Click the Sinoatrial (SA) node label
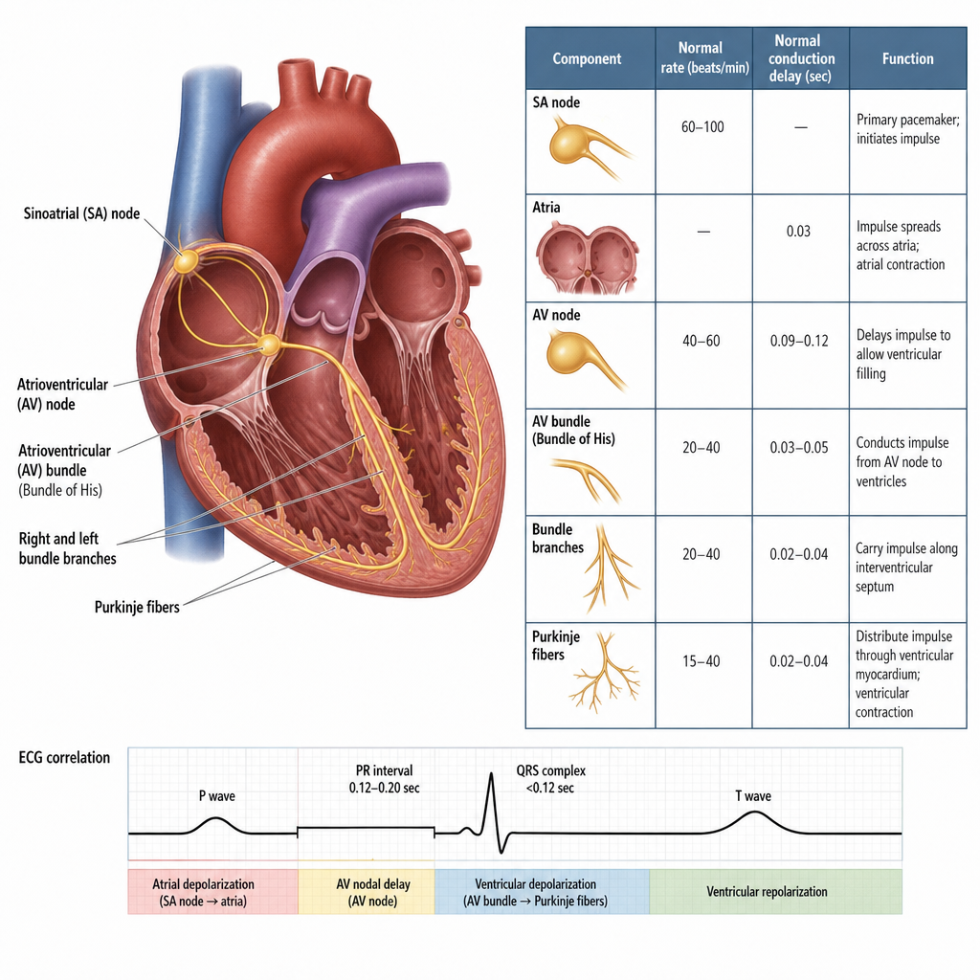tap(82, 213)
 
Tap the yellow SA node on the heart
tap(187, 261)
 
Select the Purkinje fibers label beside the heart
tap(137, 607)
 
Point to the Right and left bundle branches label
tap(68, 548)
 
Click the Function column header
tap(907, 58)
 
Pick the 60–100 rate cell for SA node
tap(702, 127)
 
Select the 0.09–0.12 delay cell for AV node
tap(799, 341)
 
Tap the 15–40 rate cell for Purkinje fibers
tap(702, 661)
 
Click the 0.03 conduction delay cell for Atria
tap(798, 232)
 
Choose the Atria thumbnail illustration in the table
tap(587, 258)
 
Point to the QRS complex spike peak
tap(491, 774)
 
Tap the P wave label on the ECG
tap(217, 795)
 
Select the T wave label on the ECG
tap(753, 795)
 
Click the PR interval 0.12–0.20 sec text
tap(385, 779)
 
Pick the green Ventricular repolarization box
tap(775, 892)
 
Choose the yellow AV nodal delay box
tap(367, 892)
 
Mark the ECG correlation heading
tap(64, 758)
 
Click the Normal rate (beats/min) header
tap(703, 58)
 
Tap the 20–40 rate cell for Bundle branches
tap(702, 554)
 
